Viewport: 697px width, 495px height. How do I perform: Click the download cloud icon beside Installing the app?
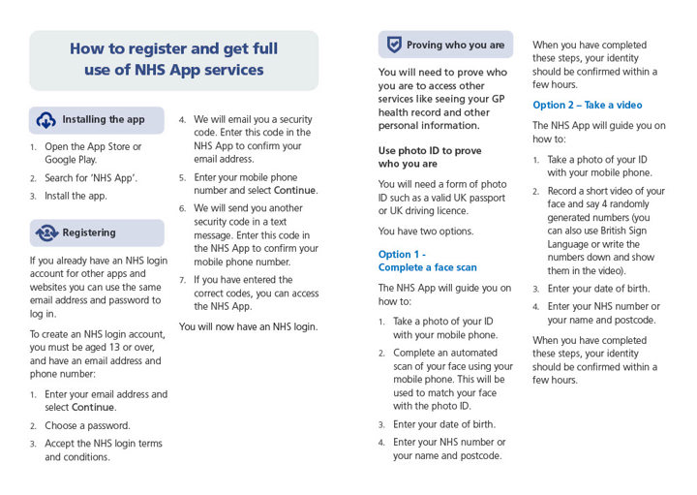click(46, 120)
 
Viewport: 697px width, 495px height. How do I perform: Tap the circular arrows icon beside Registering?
click(46, 232)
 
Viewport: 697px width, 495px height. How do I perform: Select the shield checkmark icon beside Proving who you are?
click(394, 45)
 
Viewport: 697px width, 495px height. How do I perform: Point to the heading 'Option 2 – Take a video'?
click(587, 105)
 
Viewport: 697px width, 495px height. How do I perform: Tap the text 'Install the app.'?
click(76, 196)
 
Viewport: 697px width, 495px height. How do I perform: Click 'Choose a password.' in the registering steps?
click(87, 425)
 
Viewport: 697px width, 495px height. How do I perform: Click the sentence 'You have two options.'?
click(426, 231)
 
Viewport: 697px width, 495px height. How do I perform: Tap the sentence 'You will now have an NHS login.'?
click(248, 326)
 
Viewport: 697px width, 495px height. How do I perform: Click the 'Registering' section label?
click(89, 232)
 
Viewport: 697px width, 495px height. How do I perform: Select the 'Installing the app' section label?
click(104, 120)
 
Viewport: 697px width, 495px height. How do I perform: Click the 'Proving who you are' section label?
click(455, 45)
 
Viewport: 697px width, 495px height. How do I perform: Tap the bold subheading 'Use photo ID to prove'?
click(430, 150)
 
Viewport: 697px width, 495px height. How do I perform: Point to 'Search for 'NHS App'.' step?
click(91, 178)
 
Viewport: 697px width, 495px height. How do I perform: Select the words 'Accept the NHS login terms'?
click(104, 444)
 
